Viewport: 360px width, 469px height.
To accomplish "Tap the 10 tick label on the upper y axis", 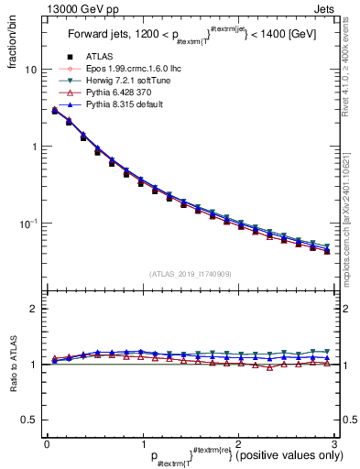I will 31,71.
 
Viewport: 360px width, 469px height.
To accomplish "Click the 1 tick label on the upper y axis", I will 34,147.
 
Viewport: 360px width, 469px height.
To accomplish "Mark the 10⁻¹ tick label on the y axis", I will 29,224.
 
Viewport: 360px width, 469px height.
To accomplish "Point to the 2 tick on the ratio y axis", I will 34,310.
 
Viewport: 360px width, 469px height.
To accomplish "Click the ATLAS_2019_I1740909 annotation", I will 190,273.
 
